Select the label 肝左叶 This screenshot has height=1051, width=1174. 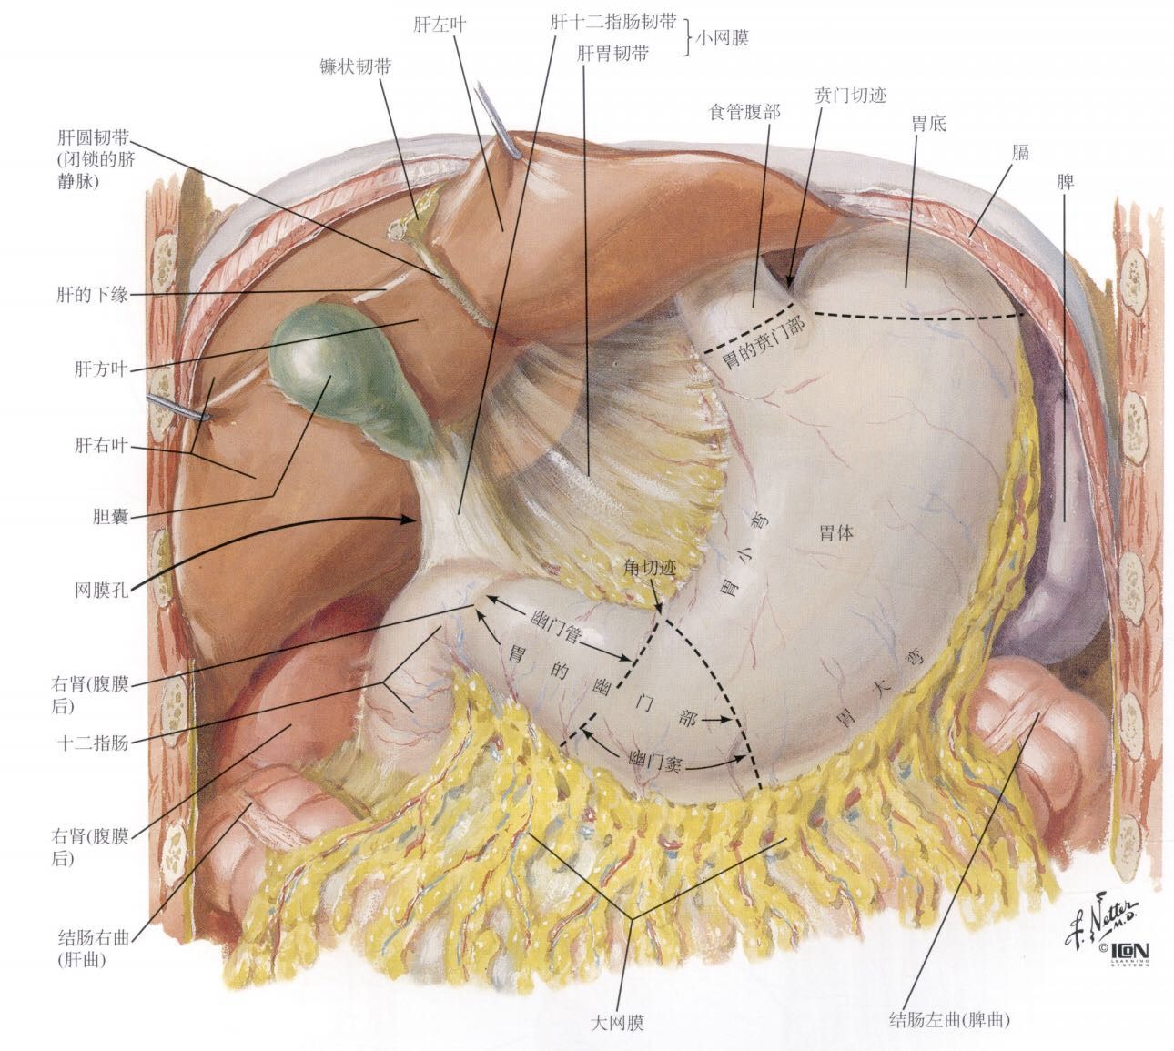coord(440,25)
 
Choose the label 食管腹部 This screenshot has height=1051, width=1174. coord(744,111)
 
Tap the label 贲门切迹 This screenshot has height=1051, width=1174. coord(849,95)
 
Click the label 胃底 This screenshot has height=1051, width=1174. coord(928,123)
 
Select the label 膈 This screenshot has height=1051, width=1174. coord(1019,152)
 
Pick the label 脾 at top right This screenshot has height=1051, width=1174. coord(1065,182)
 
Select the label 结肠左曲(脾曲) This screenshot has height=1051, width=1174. coord(949,1020)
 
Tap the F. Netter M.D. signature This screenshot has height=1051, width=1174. coord(1101,919)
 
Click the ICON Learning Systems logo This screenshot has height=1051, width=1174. coord(1121,952)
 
